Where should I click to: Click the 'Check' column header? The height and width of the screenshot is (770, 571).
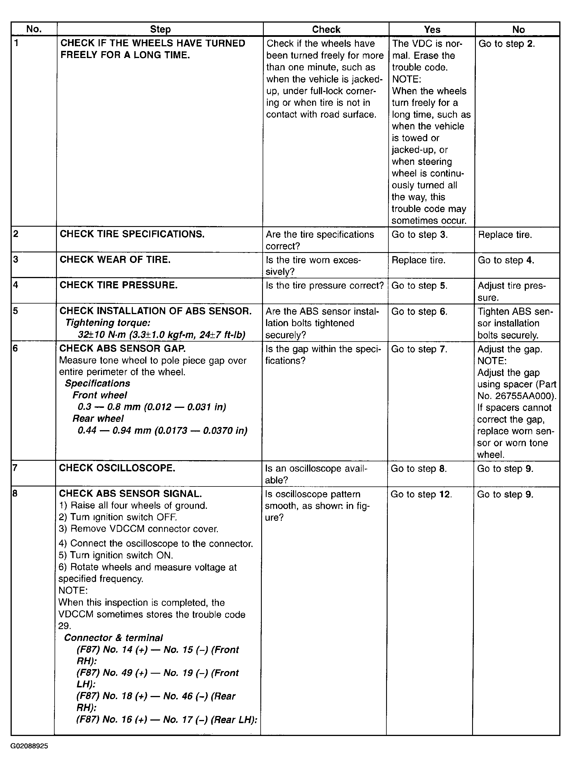pos(326,29)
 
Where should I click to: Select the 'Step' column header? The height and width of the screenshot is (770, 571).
pos(160,29)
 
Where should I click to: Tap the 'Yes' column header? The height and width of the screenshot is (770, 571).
pos(432,29)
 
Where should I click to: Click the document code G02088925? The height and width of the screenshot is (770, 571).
pos(29,755)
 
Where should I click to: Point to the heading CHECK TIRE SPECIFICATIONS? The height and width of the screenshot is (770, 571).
pos(132,234)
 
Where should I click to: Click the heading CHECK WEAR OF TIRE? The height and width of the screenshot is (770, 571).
pos(115,260)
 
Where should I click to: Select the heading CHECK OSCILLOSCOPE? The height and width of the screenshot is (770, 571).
pos(117,468)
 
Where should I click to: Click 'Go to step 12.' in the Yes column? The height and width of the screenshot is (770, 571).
pos(421,494)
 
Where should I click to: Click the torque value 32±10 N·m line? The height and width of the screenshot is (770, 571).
pos(161,334)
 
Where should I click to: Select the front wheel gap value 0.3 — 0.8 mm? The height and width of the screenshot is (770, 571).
pos(152,407)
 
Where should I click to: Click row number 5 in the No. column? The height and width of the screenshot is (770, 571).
pos(15,311)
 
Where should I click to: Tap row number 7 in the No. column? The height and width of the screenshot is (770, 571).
pos(15,468)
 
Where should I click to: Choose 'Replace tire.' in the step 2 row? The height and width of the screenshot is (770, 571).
pos(505,235)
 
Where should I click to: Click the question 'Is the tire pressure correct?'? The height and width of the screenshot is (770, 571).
pos(325,286)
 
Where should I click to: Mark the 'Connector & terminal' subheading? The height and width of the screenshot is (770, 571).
pos(113,638)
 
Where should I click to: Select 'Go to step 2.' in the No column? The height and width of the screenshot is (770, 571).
pos(506,43)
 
